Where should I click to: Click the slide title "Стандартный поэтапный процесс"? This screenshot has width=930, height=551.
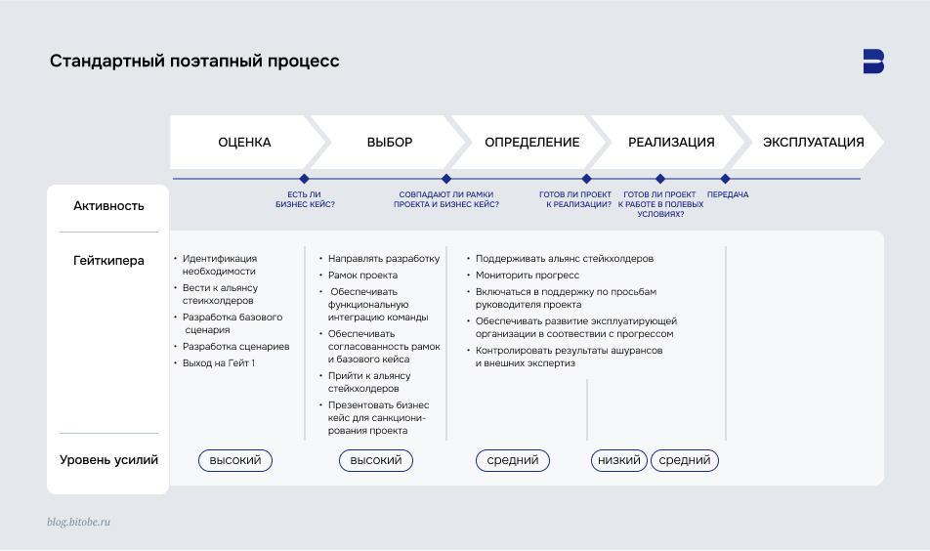[x=194, y=62]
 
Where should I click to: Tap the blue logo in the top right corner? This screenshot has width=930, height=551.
[x=873, y=61]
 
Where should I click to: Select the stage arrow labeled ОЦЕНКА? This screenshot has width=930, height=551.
[x=244, y=143]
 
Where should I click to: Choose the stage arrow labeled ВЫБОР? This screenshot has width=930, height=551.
[x=390, y=143]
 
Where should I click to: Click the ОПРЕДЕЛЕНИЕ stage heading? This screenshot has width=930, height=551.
[x=531, y=143]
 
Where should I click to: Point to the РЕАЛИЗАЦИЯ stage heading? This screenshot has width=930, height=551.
[x=671, y=143]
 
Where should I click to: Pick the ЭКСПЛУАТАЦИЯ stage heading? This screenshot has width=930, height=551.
[x=813, y=143]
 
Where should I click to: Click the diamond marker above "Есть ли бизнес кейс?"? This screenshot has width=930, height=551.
[x=305, y=179]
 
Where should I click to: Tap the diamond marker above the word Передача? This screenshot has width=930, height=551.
[x=725, y=179]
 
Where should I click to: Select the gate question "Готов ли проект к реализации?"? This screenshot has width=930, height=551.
[x=575, y=199]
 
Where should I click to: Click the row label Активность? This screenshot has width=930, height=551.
[x=108, y=206]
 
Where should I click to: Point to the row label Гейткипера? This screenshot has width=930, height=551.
[x=108, y=261]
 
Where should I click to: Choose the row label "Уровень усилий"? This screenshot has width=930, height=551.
[x=108, y=460]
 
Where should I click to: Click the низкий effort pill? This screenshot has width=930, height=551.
[x=619, y=460]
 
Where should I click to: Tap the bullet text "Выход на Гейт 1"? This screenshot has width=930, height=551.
[x=219, y=363]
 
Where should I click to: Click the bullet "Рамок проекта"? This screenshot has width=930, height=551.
[x=362, y=275]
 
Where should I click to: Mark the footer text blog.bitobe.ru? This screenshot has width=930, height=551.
[x=79, y=523]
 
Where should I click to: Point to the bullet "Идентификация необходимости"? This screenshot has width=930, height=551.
[x=219, y=265]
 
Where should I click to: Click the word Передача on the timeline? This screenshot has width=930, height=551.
[x=728, y=194]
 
